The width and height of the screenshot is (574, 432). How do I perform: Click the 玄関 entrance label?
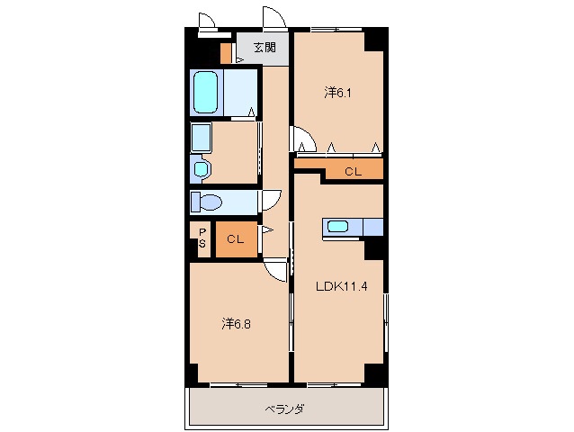pos(264,48)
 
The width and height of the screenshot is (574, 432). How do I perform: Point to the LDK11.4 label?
pos(339,288)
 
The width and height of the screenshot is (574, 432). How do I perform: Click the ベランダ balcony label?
pos(284,409)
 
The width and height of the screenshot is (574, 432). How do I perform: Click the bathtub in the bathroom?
pos(206,92)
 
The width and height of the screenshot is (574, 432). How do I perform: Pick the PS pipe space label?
pos(202,238)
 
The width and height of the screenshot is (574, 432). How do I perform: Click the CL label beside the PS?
pos(235,239)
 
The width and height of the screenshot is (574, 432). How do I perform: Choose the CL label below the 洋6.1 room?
pos(353,171)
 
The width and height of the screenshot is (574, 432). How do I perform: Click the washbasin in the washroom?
pos(200,168)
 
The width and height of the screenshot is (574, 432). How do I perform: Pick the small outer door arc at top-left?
pos(206,21)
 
